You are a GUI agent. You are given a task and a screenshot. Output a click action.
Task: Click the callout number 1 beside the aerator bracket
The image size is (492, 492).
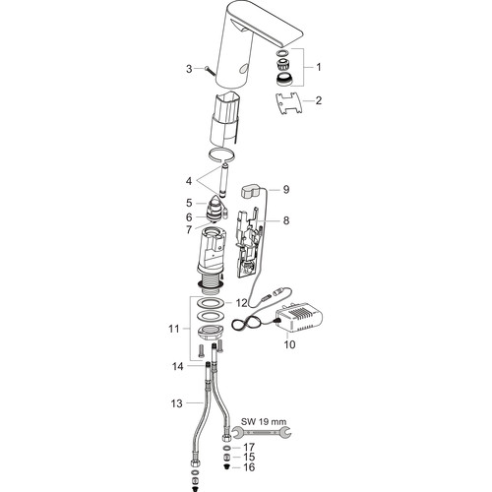[318, 67]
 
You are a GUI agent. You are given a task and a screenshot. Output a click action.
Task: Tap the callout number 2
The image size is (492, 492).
[319, 100]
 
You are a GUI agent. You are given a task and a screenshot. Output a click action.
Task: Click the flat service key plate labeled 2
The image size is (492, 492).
[289, 103]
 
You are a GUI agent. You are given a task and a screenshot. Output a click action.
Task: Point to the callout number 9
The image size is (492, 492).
[286, 190]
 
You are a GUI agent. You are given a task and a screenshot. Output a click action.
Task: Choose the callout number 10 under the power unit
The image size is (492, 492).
[290, 344]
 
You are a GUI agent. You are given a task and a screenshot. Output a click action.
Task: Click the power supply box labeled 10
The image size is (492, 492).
[300, 318]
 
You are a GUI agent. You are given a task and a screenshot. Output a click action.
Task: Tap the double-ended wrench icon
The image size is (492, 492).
[262, 433]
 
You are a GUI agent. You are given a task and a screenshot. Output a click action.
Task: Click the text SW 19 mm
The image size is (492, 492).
[264, 421]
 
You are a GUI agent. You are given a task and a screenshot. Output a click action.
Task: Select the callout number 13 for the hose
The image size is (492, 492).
[176, 403]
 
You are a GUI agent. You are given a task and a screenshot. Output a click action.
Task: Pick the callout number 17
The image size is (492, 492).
[248, 447]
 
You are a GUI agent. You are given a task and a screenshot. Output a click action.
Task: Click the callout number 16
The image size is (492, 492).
[248, 467]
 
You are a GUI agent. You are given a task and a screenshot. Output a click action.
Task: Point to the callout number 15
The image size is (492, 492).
[248, 457]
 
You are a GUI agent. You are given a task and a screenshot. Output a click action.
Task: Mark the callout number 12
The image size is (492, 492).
[241, 303]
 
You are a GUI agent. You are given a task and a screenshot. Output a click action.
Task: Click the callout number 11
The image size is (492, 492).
[174, 329]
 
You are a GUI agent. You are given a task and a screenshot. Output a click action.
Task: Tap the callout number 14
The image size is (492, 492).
[178, 366]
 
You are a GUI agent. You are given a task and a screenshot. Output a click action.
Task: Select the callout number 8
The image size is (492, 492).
[286, 220]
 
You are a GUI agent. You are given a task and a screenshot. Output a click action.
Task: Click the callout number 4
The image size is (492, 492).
[189, 181]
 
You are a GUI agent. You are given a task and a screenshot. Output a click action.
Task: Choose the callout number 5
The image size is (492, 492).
[189, 203]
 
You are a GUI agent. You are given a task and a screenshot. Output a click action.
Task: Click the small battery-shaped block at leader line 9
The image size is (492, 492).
[252, 191]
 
